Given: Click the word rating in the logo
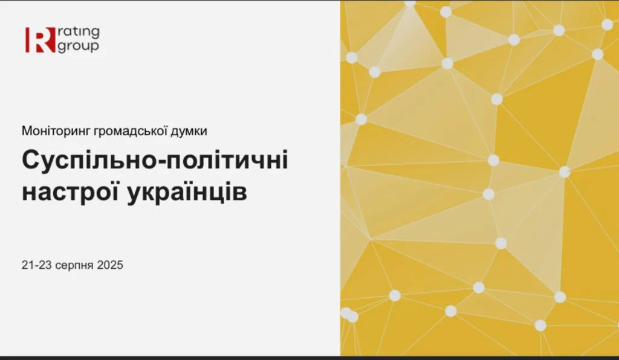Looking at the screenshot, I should click(79, 33).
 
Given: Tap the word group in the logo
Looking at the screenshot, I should click(77, 47).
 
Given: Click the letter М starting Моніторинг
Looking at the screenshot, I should click(25, 130).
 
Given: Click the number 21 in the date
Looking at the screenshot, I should click(26, 265).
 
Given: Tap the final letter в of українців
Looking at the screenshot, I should click(241, 194).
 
